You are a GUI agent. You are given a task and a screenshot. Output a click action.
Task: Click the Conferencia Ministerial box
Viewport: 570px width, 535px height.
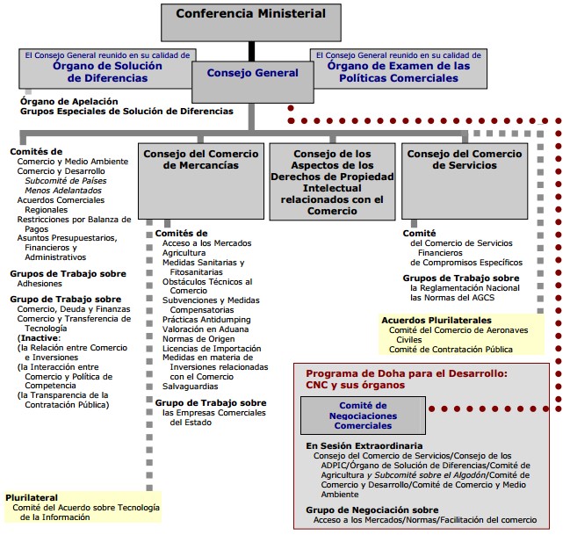251,23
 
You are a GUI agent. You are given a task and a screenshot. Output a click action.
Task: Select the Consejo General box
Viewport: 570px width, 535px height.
253,82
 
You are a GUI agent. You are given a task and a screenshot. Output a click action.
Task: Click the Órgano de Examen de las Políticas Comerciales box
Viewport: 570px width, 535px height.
399,69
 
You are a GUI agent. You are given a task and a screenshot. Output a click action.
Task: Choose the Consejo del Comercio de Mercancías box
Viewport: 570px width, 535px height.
201,181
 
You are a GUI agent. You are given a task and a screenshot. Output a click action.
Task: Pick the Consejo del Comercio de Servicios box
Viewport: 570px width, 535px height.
465,181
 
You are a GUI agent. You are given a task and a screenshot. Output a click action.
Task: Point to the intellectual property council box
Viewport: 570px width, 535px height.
332,182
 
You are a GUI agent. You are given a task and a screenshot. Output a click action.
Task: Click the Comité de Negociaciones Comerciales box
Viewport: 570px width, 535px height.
363,416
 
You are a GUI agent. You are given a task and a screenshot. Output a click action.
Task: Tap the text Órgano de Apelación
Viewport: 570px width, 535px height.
69,102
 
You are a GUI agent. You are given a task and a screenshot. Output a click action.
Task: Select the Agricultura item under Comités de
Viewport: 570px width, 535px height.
184,253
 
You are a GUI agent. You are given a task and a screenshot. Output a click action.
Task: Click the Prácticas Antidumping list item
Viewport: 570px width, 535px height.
206,320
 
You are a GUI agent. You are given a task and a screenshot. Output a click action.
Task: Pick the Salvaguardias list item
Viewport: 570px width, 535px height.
190,387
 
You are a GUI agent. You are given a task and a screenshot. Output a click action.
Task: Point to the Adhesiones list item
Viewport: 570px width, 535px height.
40,284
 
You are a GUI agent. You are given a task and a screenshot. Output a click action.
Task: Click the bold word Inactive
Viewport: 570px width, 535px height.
40,338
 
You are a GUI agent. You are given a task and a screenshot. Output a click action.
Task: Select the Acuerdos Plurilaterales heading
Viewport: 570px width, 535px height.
437,321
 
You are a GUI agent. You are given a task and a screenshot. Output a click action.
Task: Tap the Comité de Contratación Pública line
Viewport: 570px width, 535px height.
451,350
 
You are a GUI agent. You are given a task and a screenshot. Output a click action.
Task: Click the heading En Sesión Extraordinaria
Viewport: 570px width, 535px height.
364,446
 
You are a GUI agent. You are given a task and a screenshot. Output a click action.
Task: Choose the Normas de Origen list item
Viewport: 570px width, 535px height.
198,339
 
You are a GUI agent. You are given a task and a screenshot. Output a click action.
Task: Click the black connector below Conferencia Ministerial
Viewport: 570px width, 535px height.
251,51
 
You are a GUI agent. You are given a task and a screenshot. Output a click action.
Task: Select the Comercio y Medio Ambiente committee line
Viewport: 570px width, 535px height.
73,162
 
